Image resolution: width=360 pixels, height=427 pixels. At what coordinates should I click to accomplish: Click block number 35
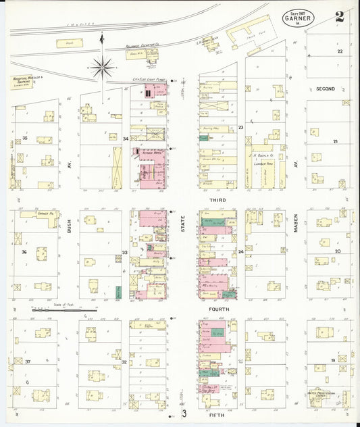[24, 138]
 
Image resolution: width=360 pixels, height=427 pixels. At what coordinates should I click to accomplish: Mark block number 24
[240, 251]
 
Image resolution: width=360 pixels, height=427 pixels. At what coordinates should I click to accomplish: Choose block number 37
[28, 361]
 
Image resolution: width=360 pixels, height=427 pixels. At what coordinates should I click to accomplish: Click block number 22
[340, 51]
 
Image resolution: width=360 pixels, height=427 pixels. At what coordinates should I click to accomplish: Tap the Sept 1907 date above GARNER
[297, 12]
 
